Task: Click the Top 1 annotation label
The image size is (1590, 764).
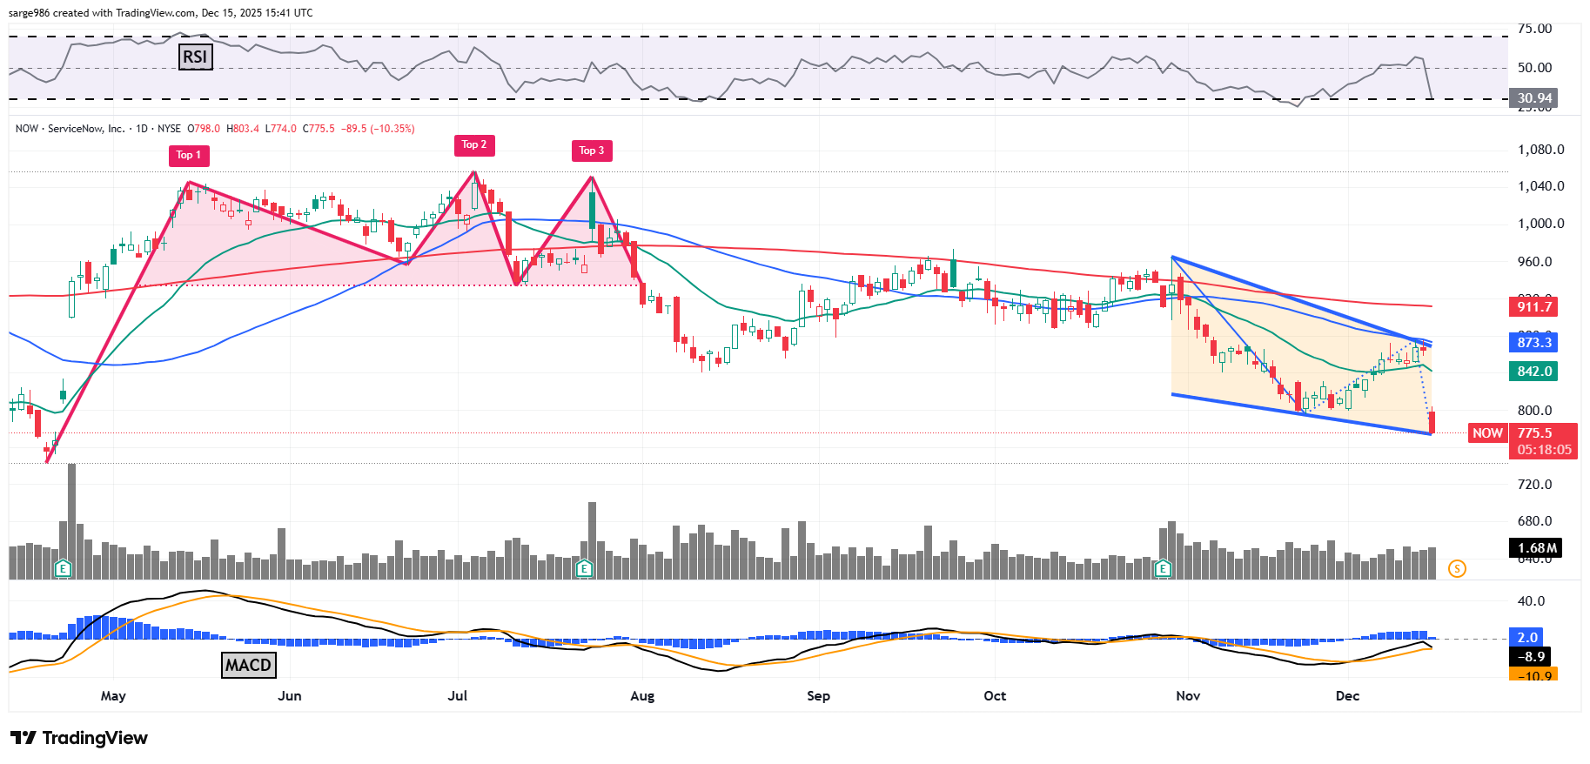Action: [189, 155]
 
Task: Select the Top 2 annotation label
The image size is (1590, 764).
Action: [474, 144]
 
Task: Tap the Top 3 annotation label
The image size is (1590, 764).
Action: [592, 151]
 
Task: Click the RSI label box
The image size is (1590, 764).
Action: [195, 57]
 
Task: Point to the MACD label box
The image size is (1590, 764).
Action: [248, 665]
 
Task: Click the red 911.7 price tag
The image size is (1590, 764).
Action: [1533, 306]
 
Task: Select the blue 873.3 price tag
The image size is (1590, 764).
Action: [1533, 342]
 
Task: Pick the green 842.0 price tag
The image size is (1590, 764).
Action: [1533, 372]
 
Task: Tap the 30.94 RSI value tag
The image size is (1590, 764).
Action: [1533, 98]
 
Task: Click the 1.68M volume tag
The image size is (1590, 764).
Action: [1536, 547]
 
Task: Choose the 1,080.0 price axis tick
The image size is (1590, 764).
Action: [1540, 150]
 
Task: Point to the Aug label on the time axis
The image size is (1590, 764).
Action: [642, 696]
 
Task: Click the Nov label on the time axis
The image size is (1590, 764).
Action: [1188, 696]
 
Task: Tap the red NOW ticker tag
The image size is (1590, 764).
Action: [1486, 432]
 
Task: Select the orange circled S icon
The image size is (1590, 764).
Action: [1457, 569]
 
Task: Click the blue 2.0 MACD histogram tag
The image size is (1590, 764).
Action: [1527, 637]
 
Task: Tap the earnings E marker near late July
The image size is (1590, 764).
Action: [585, 569]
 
